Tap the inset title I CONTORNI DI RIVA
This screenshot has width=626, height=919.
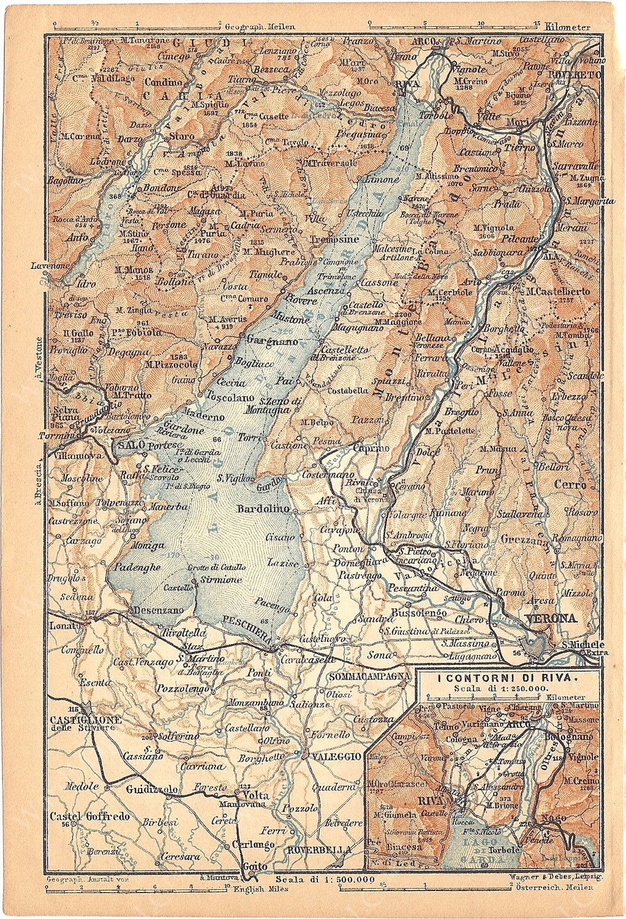tap(507, 678)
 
